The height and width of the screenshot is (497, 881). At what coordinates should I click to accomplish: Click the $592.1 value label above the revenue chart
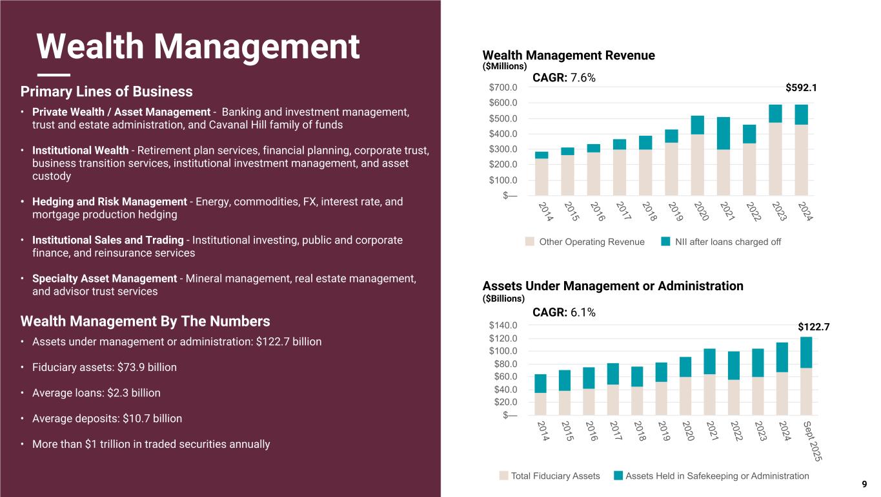pyautogui.click(x=801, y=87)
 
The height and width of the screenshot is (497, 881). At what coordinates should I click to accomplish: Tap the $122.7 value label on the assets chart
pyautogui.click(x=813, y=328)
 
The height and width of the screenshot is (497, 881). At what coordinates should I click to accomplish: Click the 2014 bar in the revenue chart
pyautogui.click(x=542, y=173)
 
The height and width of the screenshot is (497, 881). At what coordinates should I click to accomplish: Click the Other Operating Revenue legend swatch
pyautogui.click(x=529, y=242)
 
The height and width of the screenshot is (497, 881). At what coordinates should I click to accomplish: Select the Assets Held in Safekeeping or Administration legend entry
pyautogui.click(x=717, y=476)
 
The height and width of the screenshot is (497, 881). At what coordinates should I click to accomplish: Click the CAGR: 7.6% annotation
pyautogui.click(x=563, y=78)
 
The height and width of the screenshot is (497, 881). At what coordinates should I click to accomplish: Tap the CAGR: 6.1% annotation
pyautogui.click(x=563, y=313)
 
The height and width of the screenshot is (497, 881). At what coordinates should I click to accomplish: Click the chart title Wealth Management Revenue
pyautogui.click(x=569, y=56)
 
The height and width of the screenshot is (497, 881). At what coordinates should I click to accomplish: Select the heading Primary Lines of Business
pyautogui.click(x=106, y=91)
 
